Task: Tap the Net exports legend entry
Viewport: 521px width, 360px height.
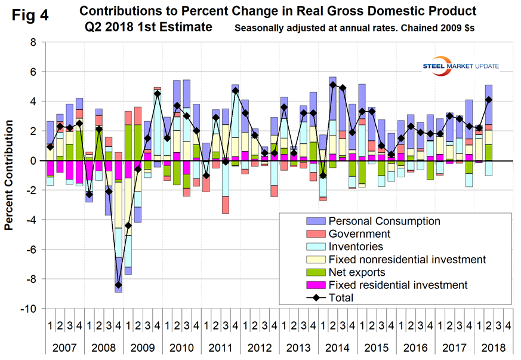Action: tap(355, 272)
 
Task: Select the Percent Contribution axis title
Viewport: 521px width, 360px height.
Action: tap(10, 176)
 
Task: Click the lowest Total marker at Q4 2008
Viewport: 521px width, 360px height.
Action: tap(119, 285)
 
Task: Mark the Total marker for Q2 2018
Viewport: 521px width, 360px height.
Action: tap(489, 100)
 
